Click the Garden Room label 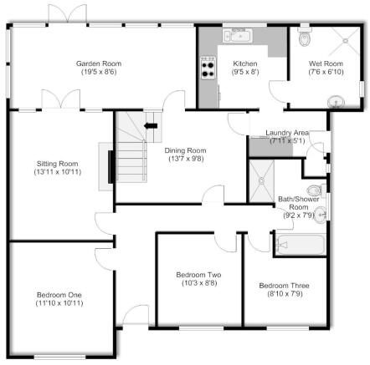(x=95, y=63)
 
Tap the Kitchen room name (x=244, y=63)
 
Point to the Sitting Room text (x=58, y=163)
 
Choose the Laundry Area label (x=288, y=133)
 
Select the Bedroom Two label (x=198, y=275)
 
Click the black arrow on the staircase (x=151, y=126)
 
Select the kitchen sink (x=238, y=35)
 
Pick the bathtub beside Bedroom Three (x=299, y=245)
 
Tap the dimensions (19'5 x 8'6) (x=95, y=73)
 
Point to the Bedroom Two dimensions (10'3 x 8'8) (x=198, y=284)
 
